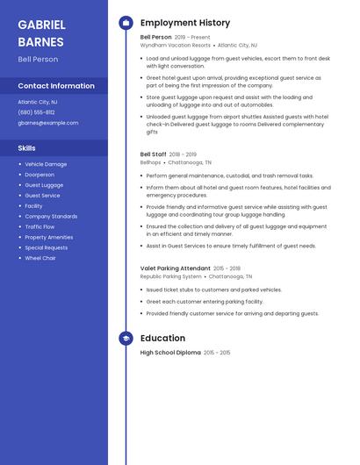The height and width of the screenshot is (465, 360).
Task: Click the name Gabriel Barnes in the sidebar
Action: pos(41,32)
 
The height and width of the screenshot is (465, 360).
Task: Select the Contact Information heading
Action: pos(56,86)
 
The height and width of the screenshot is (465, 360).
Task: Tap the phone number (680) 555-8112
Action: pos(36,112)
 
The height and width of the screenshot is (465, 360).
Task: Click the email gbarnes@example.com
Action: pos(48,123)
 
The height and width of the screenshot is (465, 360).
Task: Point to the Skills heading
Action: pos(27,148)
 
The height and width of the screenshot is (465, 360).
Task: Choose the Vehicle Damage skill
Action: pos(46,164)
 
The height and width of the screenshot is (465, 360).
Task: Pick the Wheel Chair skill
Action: pos(40,258)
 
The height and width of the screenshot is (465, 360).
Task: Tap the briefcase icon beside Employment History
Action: pos(126,22)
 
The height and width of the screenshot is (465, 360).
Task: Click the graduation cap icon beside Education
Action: pos(126,338)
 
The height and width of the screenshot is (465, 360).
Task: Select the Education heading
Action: pos(162,338)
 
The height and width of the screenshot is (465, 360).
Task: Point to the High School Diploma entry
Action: pos(170,353)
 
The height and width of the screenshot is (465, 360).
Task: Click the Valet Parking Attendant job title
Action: pos(176,268)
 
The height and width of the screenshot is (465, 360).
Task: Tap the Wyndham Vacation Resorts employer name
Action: pos(176,45)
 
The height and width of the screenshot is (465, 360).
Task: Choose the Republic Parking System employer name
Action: pos(171,275)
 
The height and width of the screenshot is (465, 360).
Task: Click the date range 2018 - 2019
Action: pos(183,154)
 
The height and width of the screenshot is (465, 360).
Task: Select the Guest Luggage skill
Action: pos(44,185)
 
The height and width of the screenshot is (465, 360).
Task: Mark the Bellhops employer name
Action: pos(149,162)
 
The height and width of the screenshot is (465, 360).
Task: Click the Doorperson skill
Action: pos(40,175)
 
